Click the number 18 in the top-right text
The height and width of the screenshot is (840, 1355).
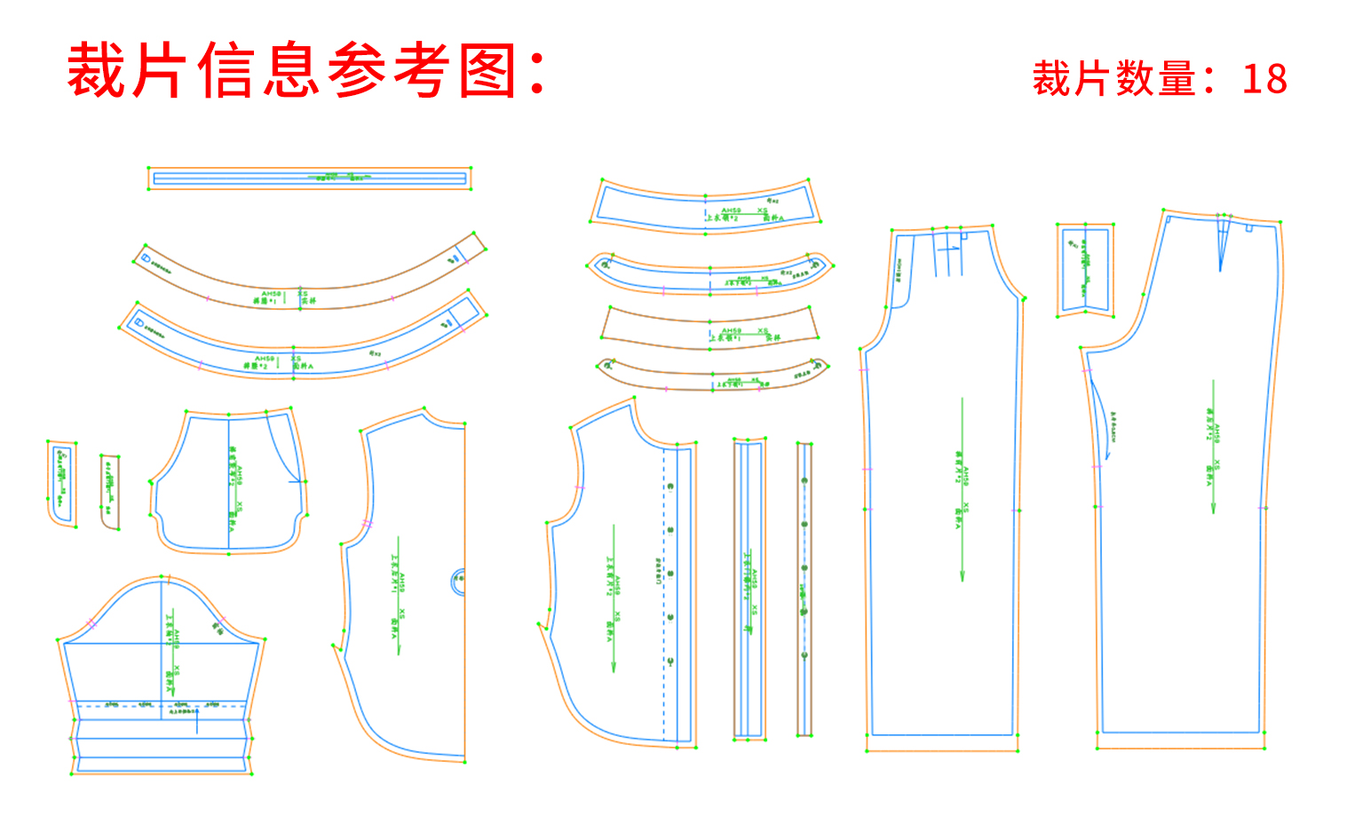(x=1264, y=80)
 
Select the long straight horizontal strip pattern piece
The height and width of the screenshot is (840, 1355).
(x=309, y=178)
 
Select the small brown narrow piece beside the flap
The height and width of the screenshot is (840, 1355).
(x=110, y=492)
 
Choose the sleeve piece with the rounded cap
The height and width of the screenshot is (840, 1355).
(x=162, y=675)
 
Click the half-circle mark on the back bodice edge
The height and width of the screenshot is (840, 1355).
(x=458, y=582)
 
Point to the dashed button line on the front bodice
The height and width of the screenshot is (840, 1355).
(x=664, y=595)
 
